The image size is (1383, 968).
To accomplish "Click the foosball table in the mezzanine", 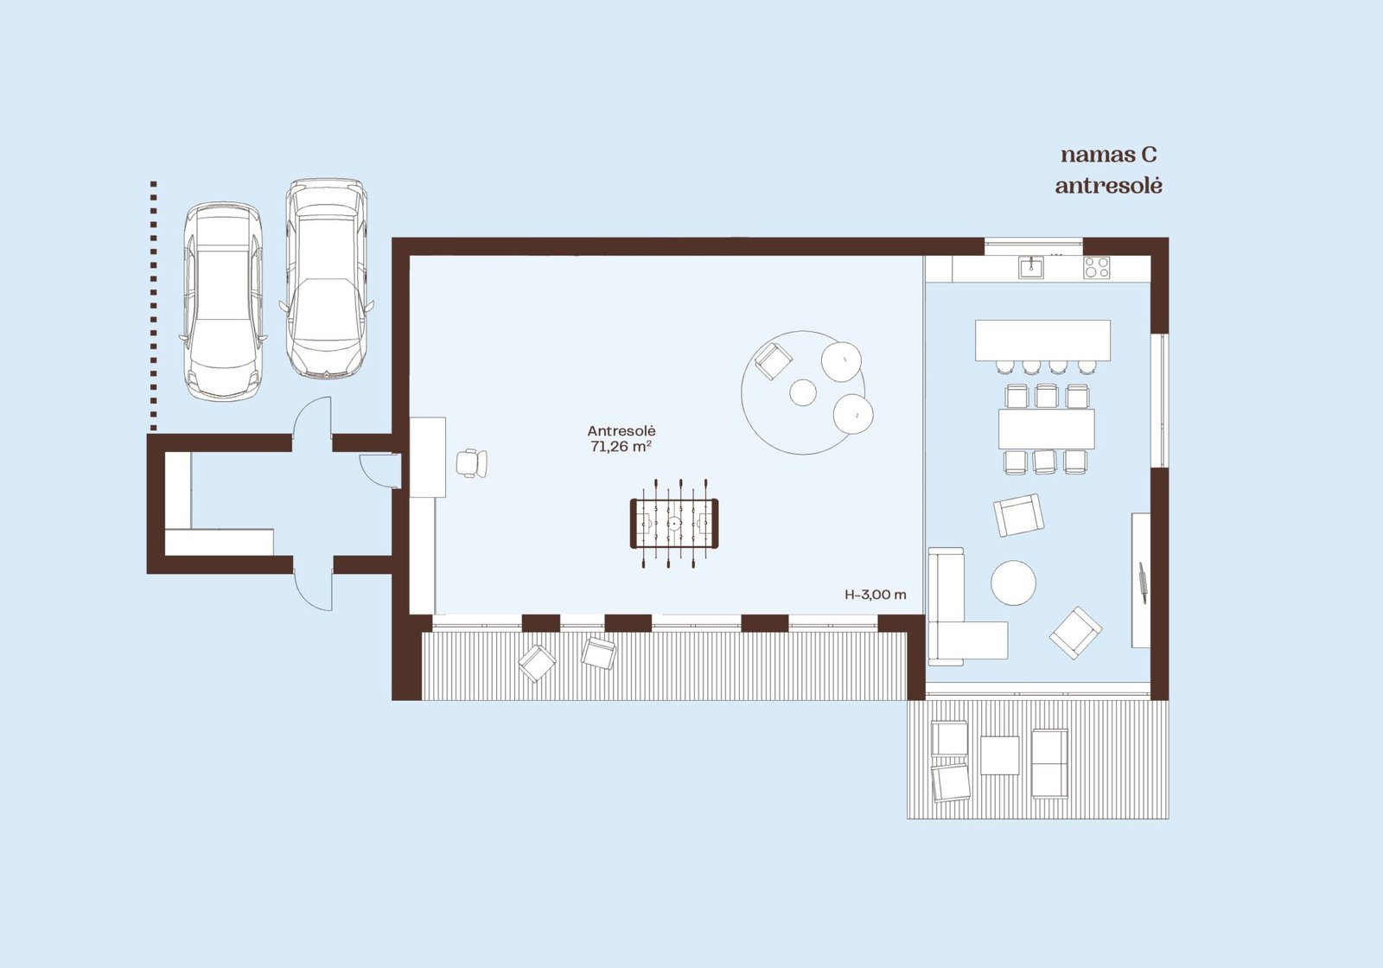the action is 673,524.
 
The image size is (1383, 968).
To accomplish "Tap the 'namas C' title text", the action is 1109,155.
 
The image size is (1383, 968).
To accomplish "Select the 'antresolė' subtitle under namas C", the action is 1109,185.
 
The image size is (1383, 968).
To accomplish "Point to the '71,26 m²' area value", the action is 621,446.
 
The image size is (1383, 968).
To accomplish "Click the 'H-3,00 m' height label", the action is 876,595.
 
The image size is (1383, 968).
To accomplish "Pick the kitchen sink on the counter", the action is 1031,268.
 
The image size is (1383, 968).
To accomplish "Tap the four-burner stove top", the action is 1097,268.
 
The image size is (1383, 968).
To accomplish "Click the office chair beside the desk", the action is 472,463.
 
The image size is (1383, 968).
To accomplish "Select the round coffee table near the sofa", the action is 1013,583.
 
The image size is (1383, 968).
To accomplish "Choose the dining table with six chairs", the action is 1047,429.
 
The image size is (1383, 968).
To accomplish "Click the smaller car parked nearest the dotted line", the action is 223,302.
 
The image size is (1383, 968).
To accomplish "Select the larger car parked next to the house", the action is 327,278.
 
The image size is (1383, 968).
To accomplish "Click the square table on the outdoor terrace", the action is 999,755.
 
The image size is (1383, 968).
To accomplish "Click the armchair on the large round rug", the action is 774,361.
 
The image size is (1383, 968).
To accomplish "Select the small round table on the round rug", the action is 803,392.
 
